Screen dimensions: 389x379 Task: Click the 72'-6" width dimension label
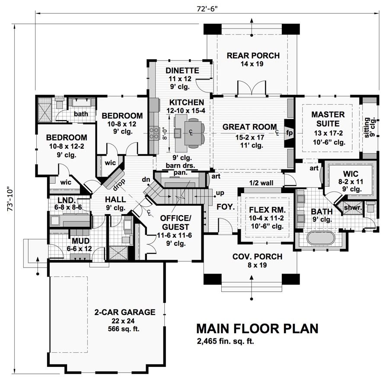207,9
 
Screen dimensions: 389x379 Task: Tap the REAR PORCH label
253,56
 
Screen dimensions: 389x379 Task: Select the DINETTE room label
182,70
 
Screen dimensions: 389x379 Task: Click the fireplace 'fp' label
289,133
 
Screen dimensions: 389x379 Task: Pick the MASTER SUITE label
328,119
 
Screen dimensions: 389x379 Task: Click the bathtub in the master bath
321,238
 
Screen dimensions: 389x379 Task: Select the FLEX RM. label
267,210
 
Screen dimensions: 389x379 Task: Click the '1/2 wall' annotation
261,183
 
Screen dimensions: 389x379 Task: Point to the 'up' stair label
220,193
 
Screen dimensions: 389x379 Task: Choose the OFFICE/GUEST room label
175,223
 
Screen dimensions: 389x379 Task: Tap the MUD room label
80,241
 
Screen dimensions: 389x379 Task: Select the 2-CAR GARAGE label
125,312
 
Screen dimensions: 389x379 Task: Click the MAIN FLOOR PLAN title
257,328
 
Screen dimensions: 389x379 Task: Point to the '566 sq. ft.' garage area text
124,329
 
